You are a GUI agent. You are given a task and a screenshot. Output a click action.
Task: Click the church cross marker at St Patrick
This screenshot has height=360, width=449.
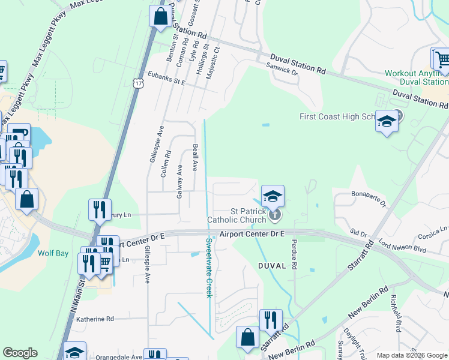274,213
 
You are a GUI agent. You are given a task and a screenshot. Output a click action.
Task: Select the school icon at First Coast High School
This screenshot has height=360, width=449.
387,122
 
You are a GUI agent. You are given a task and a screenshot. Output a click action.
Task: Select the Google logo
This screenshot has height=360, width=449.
20,353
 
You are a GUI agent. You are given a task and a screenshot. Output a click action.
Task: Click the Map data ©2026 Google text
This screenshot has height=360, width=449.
412,355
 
